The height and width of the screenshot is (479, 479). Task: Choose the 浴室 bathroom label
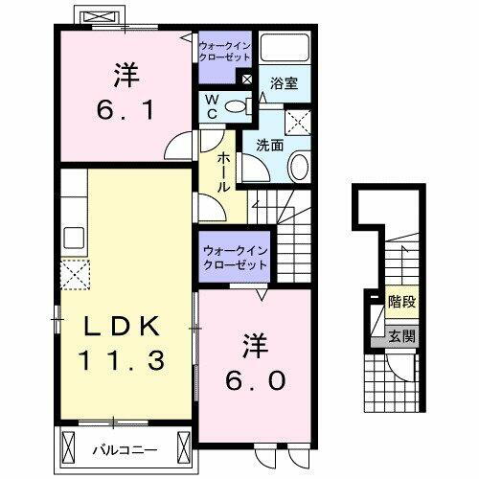(x=285, y=84)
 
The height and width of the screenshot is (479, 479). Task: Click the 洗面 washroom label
(x=267, y=146)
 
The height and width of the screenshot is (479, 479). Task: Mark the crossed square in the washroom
(x=298, y=123)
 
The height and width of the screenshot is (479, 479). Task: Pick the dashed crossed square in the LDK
(x=74, y=276)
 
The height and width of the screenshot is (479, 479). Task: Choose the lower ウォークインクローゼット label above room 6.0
(x=235, y=257)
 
